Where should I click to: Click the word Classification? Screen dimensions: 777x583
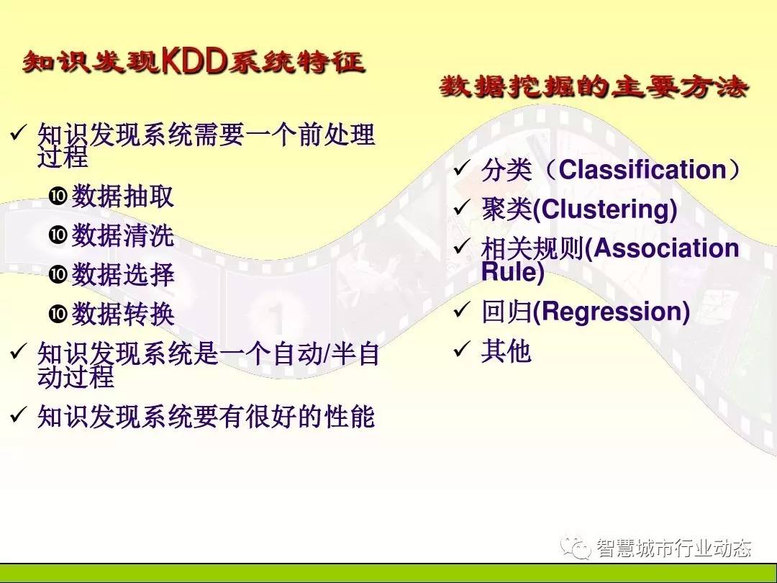642,170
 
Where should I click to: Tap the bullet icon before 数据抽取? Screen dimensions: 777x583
58,195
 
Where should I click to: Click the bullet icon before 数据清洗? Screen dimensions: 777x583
58,234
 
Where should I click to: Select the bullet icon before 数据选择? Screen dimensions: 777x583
58,274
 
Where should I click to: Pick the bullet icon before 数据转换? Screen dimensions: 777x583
58,313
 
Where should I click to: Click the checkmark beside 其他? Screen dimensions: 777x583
461,349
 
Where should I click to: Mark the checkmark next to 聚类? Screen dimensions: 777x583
461,207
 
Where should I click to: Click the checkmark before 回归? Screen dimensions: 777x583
461,310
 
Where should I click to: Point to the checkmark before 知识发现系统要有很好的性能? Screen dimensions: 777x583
18,415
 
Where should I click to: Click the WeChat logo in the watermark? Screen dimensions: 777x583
576,547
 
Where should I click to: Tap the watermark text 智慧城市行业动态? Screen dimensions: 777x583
674,548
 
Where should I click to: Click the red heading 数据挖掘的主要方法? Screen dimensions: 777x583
593,87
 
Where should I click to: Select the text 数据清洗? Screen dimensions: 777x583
123,235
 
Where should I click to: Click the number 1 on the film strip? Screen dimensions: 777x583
276,317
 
